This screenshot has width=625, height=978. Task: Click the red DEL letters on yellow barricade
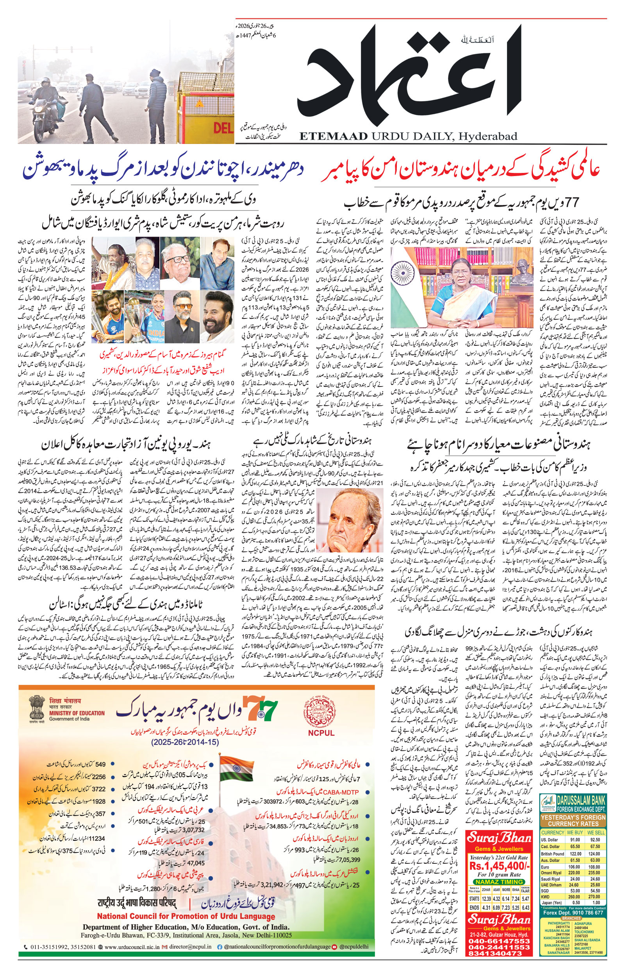(223, 128)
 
